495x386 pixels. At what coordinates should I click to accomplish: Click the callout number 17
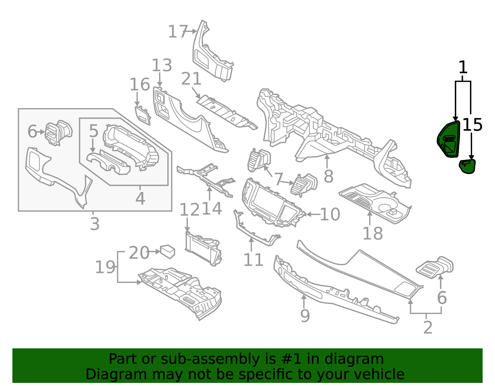178,32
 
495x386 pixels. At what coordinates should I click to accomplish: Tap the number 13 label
162,65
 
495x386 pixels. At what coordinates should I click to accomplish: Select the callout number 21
191,79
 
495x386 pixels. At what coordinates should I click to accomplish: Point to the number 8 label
329,176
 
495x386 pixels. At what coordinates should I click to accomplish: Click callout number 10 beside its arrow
330,214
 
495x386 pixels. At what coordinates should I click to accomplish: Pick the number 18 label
373,233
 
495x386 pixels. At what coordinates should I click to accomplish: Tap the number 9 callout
305,316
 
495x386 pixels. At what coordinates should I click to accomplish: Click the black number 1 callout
463,67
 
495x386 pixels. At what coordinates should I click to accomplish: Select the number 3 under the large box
95,224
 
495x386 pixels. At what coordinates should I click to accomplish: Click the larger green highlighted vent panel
448,139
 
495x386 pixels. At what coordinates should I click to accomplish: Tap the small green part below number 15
467,167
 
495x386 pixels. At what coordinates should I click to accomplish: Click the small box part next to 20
168,252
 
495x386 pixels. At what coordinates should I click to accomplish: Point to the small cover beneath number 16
143,115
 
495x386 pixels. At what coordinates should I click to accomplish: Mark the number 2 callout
428,328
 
